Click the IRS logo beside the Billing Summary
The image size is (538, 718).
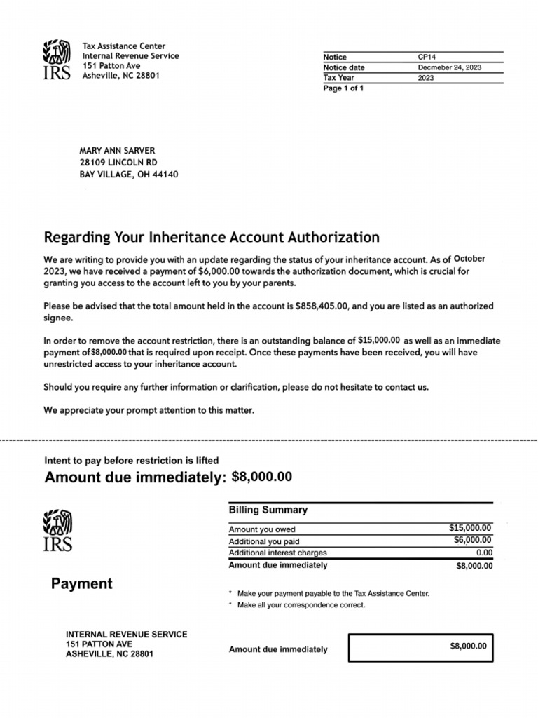point(57,530)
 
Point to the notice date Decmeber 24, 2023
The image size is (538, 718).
point(449,67)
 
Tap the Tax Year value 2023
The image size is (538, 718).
point(426,78)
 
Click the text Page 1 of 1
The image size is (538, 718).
point(343,88)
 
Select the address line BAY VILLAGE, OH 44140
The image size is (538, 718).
point(128,174)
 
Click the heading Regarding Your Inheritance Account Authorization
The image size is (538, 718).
point(212,237)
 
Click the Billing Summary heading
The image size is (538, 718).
point(268,510)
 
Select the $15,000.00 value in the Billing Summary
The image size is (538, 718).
point(470,528)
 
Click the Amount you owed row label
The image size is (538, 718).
point(262,529)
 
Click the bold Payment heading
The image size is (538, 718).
point(81,583)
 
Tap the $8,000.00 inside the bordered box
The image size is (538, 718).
point(468,646)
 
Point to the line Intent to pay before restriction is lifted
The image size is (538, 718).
point(132,461)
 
